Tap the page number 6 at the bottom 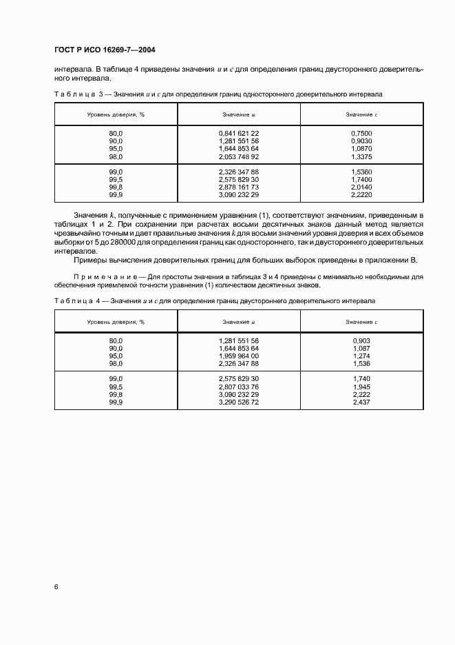[56, 586]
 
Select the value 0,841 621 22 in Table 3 [239, 132]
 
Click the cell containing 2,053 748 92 [239, 156]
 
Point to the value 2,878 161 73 [239, 187]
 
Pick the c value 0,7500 [361, 132]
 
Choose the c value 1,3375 [361, 156]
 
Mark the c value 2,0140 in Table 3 [361, 187]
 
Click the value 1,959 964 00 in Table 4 [239, 356]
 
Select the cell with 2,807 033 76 [239, 387]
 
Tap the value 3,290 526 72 [239, 402]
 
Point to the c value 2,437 [361, 402]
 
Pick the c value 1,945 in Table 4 [361, 387]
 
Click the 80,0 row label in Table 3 [116, 132]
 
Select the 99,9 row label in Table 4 [116, 402]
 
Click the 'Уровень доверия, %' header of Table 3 [116, 114]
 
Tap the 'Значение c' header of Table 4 [361, 322]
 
